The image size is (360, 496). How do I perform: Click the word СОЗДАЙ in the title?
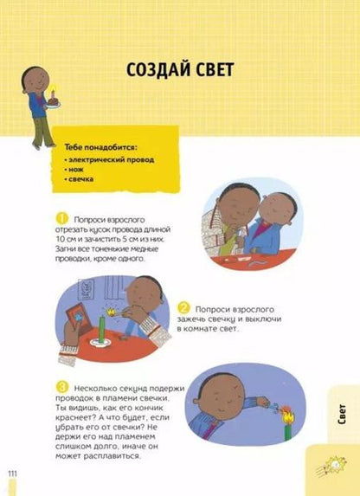153,68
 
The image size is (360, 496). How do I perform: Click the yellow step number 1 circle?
61,216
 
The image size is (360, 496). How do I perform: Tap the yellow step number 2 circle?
183,307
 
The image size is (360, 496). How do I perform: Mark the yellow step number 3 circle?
61,386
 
